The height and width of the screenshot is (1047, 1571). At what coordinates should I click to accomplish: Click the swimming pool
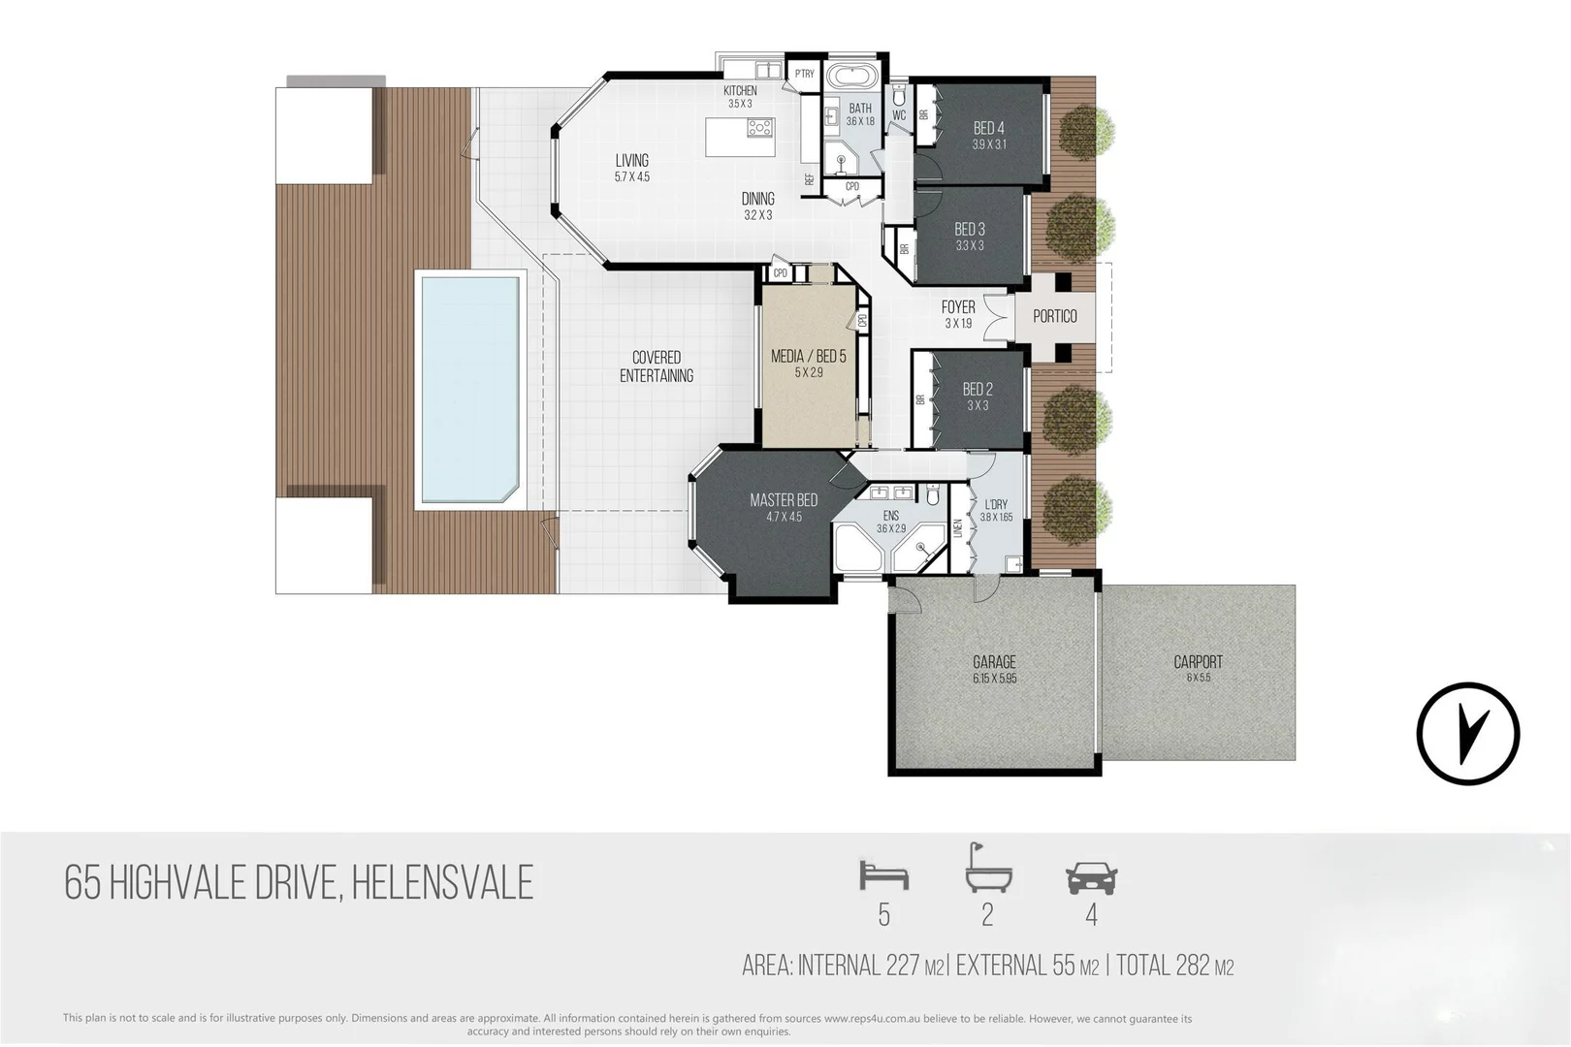(468, 388)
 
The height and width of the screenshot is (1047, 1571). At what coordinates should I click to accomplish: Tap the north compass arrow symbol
(1467, 733)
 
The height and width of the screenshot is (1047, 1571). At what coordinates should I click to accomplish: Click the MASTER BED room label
(784, 500)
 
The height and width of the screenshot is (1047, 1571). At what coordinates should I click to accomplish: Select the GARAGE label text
(994, 663)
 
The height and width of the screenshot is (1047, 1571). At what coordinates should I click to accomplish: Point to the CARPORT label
(1198, 662)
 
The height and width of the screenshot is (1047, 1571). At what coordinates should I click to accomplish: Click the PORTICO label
(1055, 316)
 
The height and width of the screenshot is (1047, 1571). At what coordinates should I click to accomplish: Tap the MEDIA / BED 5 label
(808, 357)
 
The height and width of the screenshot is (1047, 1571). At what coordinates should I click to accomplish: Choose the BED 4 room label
(988, 128)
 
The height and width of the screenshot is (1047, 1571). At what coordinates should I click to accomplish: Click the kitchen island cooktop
(760, 127)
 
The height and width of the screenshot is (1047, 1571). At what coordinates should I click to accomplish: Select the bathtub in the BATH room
(853, 78)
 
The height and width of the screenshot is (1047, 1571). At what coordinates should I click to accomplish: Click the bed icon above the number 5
(883, 876)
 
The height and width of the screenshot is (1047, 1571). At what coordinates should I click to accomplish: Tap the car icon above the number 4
(1091, 878)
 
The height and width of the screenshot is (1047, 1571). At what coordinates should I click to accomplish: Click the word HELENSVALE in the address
(442, 883)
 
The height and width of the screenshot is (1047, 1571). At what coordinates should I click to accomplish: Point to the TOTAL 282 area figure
(1174, 966)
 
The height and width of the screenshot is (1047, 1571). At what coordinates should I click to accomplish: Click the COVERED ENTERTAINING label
(657, 366)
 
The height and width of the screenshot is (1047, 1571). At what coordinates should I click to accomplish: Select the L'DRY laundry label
(996, 505)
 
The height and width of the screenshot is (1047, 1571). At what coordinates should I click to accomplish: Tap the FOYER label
(958, 307)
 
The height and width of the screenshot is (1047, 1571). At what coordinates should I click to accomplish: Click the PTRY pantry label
(804, 74)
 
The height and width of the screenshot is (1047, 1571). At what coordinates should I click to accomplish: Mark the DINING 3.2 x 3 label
(757, 199)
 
